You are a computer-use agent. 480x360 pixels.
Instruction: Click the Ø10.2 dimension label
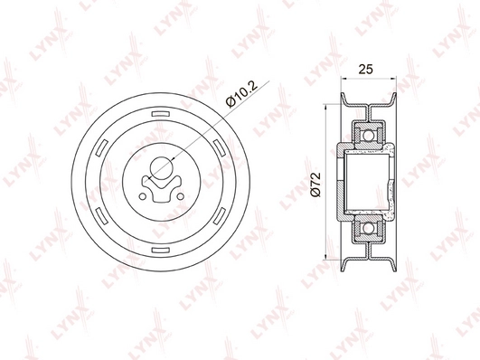241,94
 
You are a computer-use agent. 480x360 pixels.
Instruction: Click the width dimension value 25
366,70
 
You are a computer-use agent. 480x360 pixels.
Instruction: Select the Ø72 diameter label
315,185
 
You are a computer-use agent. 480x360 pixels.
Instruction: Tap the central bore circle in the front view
161,168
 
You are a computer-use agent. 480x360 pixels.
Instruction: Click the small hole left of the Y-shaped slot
142,196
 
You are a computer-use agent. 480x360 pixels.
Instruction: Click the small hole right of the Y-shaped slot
180,196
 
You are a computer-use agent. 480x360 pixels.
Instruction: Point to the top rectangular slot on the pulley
160,114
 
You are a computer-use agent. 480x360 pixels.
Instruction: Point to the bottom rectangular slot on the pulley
161,250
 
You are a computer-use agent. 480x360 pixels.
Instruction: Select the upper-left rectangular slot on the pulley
102,147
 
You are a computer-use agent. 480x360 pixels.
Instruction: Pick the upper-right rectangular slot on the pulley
219,147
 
